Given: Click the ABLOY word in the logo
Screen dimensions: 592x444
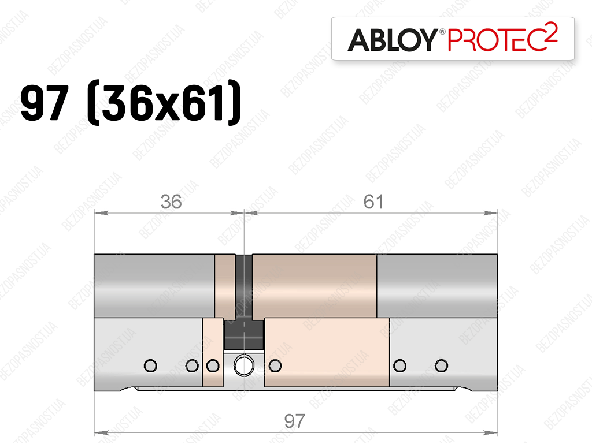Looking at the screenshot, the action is (393, 40).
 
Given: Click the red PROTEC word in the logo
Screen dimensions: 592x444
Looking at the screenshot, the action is (495, 40).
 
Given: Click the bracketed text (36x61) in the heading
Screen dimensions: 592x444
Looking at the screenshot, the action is (164, 102).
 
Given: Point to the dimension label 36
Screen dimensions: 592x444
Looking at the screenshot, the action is (171, 202).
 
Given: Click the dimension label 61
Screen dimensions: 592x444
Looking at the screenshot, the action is (373, 202).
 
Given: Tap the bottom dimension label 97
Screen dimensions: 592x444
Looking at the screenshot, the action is (294, 421).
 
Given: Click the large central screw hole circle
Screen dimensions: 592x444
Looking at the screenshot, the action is (244, 365).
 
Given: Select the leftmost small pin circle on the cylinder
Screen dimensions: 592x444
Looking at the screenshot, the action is (150, 365).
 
